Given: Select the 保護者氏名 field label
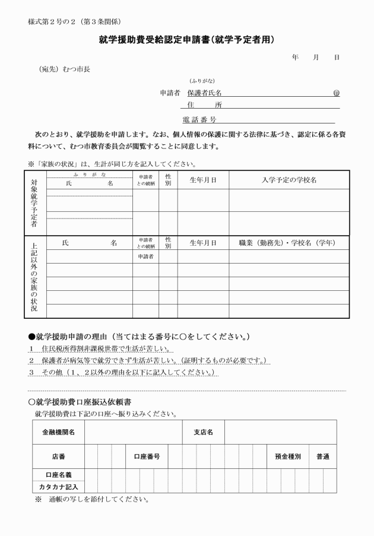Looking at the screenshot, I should pos(204,93).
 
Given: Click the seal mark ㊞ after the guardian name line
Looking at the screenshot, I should pos(336,93).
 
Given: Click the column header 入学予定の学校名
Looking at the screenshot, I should pos(289,179).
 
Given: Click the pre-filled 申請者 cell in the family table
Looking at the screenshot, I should pos(145,256).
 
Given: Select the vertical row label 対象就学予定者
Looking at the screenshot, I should pos(34,202).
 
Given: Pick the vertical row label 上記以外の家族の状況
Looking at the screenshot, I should pos(34,277).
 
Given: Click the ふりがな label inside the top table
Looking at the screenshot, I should pos(90,175).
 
